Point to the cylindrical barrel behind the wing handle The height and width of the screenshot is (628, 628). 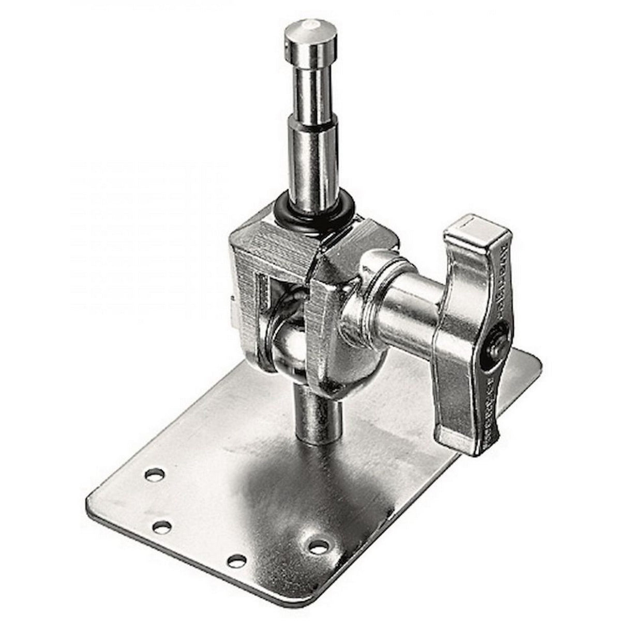click(409, 310)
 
